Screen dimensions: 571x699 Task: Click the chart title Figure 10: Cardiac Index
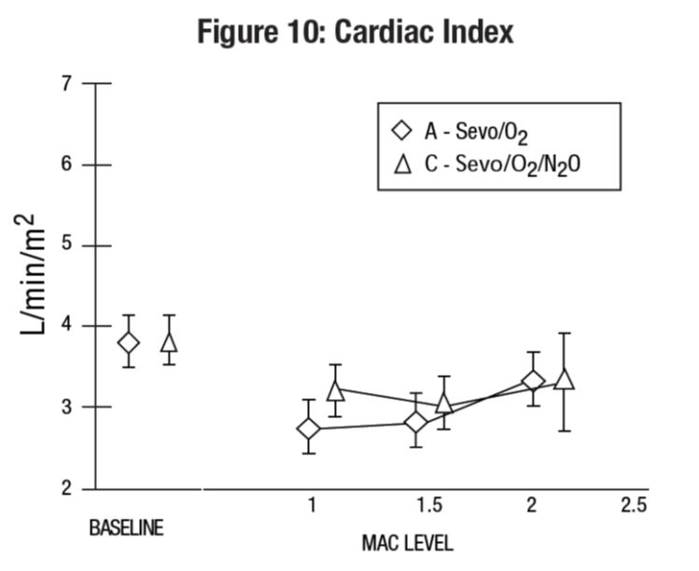356,33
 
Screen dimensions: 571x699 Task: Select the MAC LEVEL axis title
407,542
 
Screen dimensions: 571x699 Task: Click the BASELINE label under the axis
126,527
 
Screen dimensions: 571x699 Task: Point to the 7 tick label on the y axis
66,83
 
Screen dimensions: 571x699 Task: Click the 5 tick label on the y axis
66,245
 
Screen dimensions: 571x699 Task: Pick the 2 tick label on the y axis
66,488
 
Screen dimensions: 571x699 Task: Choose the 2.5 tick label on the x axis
634,505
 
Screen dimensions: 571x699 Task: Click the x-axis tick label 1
311,505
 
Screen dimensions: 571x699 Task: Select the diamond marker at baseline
128,342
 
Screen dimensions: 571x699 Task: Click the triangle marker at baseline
169,341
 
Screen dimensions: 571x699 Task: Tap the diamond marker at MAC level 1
308,428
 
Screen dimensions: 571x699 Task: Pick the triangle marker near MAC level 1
335,390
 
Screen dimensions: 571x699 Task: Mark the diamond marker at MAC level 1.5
415,422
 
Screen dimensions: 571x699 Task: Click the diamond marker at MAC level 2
533,381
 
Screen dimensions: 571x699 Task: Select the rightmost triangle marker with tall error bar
563,379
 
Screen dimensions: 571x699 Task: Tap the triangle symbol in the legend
403,164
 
